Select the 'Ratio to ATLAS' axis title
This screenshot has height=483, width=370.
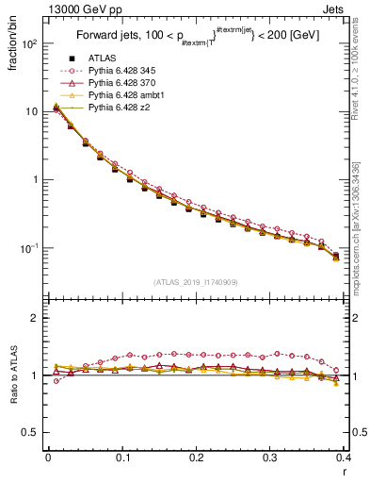click(12, 375)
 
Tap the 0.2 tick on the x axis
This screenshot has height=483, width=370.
click(196, 458)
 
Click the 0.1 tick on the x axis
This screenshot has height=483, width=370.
click(122, 458)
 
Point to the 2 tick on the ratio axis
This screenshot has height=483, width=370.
click(36, 318)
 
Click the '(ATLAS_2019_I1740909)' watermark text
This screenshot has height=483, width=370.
click(195, 281)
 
